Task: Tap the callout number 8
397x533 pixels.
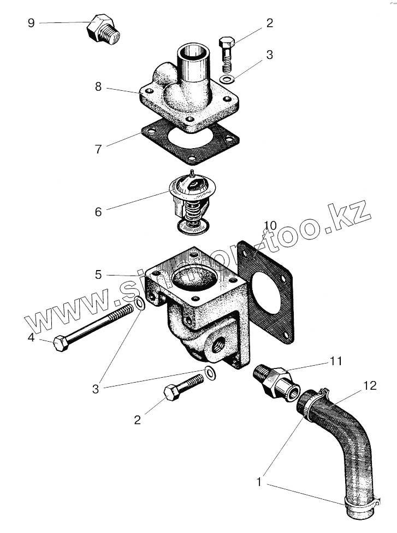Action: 98,86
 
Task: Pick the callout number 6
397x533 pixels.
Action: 98,211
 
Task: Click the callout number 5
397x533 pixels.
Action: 98,274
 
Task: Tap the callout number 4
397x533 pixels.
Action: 31,338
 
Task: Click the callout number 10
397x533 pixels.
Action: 270,226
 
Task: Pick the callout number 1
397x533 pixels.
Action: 260,482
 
